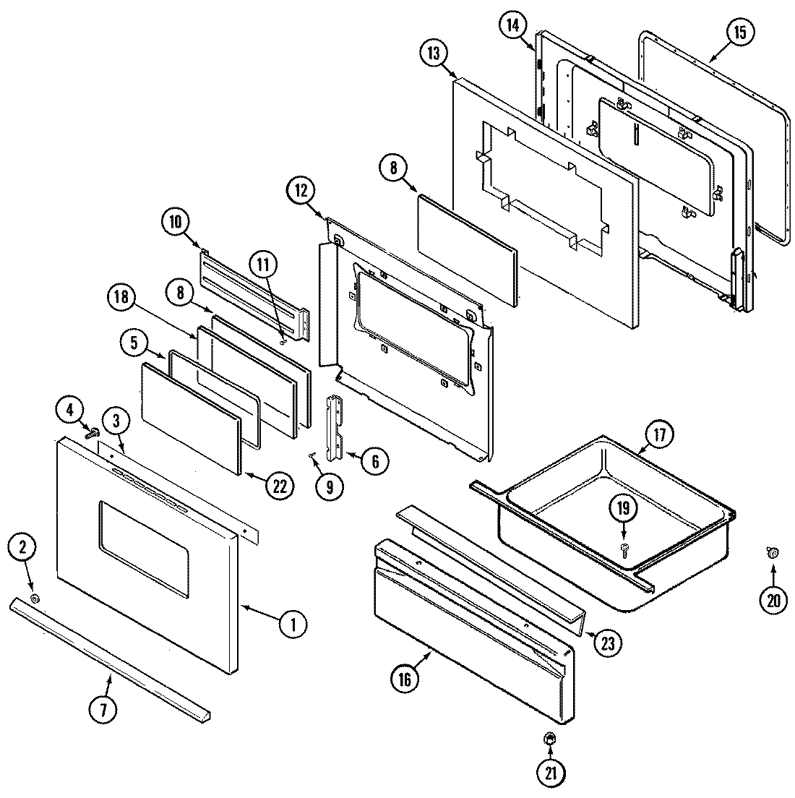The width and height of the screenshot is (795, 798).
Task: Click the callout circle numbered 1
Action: (293, 623)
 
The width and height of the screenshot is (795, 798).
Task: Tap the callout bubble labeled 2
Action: (22, 548)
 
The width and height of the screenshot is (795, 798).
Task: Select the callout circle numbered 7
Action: (103, 711)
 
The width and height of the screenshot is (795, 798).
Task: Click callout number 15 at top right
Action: (739, 33)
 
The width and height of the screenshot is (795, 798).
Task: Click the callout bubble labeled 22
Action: (279, 486)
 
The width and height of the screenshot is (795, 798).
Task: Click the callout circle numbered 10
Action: (177, 220)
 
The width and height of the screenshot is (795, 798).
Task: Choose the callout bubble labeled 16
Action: (404, 679)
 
